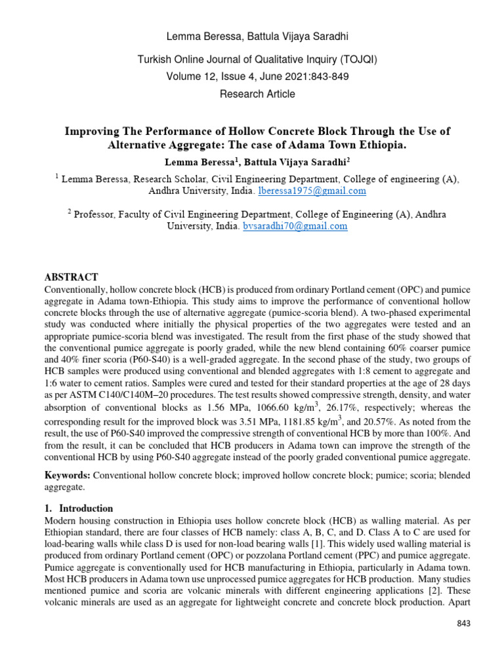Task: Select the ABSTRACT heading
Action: pos(71,277)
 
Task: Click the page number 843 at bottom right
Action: pos(464,623)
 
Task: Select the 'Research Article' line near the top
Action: pos(257,94)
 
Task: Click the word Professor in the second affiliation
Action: pos(98,214)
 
